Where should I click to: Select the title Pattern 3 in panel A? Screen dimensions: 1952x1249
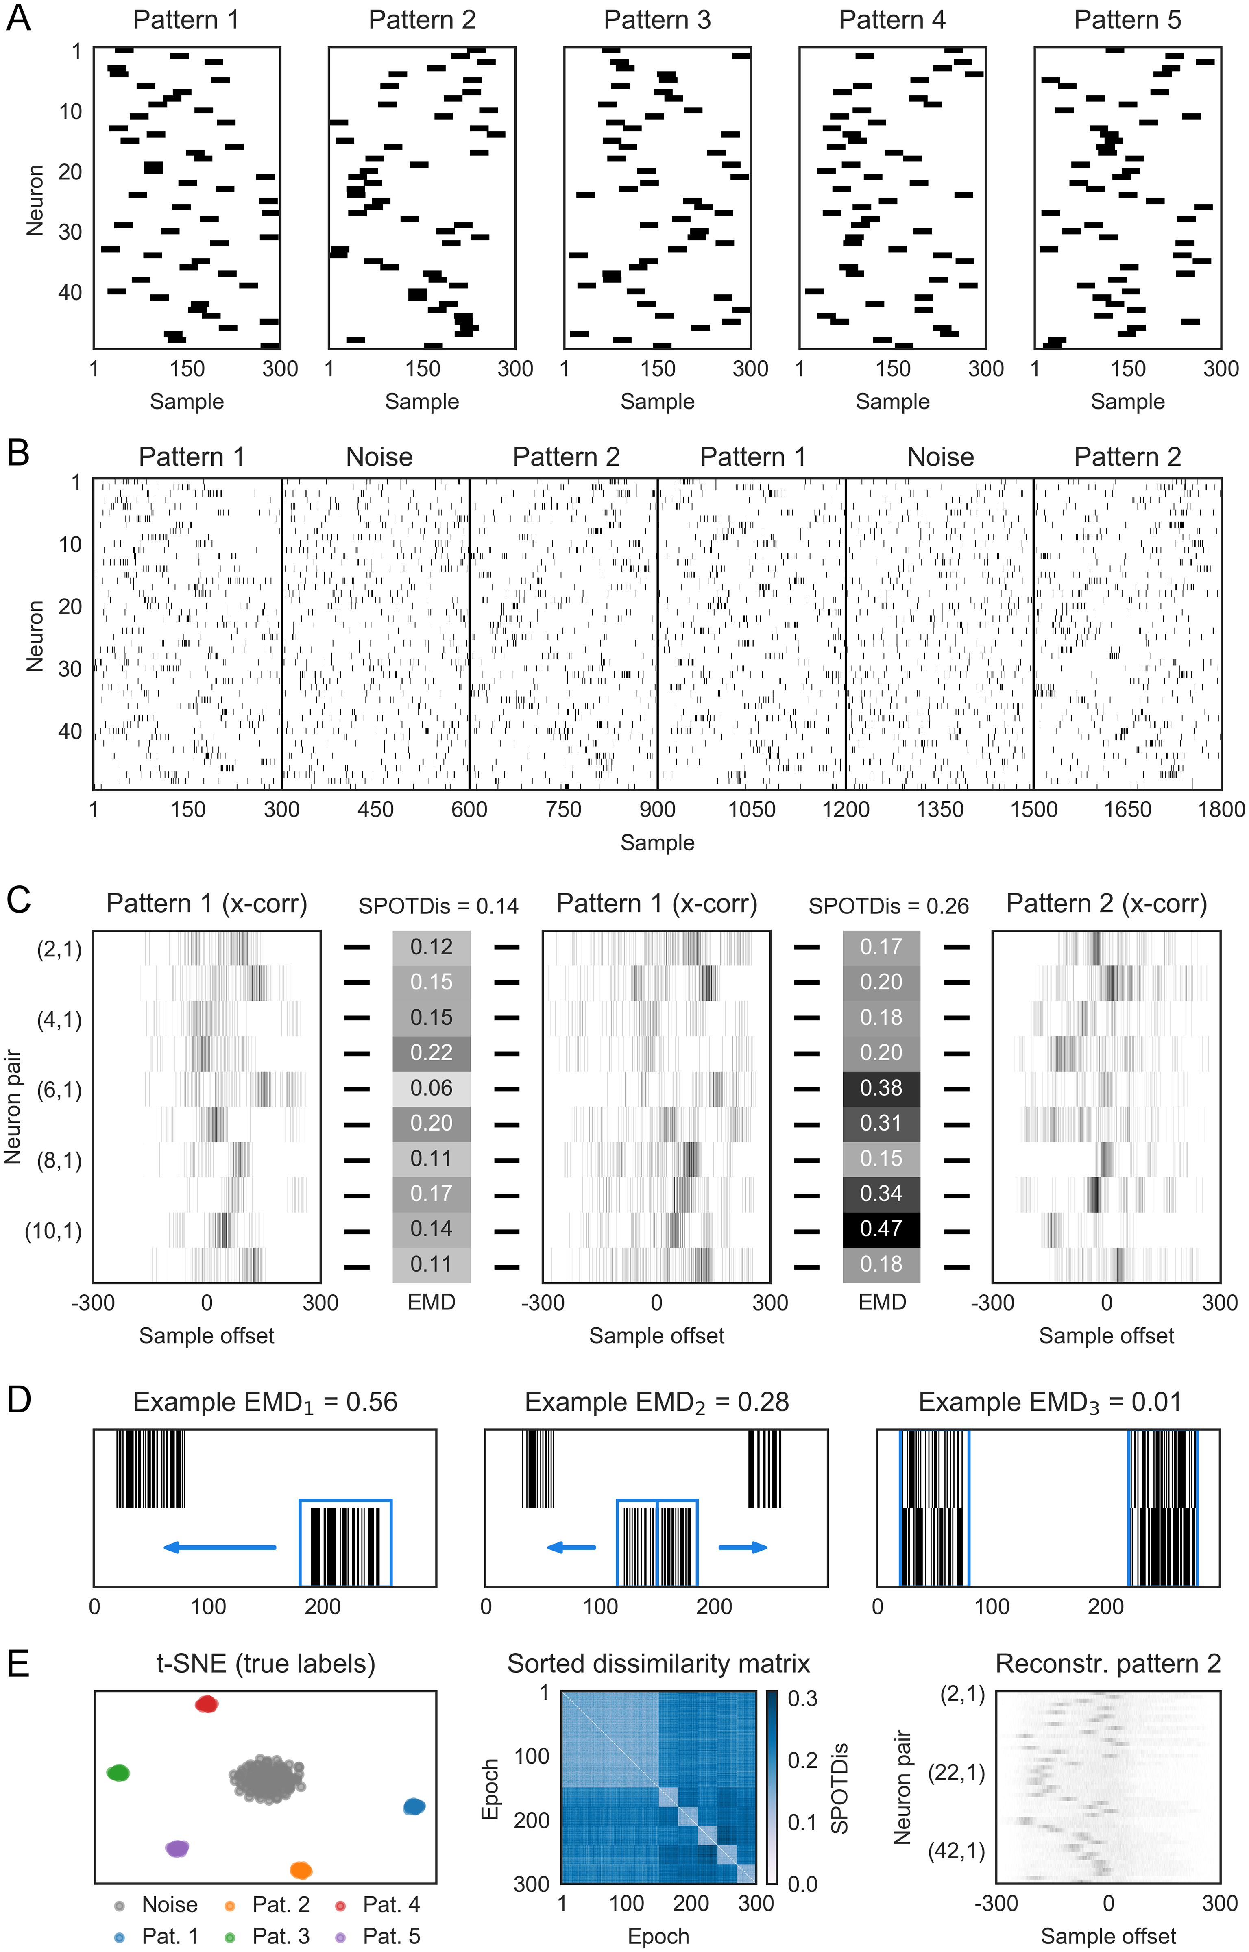pyautogui.click(x=657, y=20)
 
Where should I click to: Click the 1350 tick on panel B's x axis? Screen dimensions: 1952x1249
pyautogui.click(x=940, y=809)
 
